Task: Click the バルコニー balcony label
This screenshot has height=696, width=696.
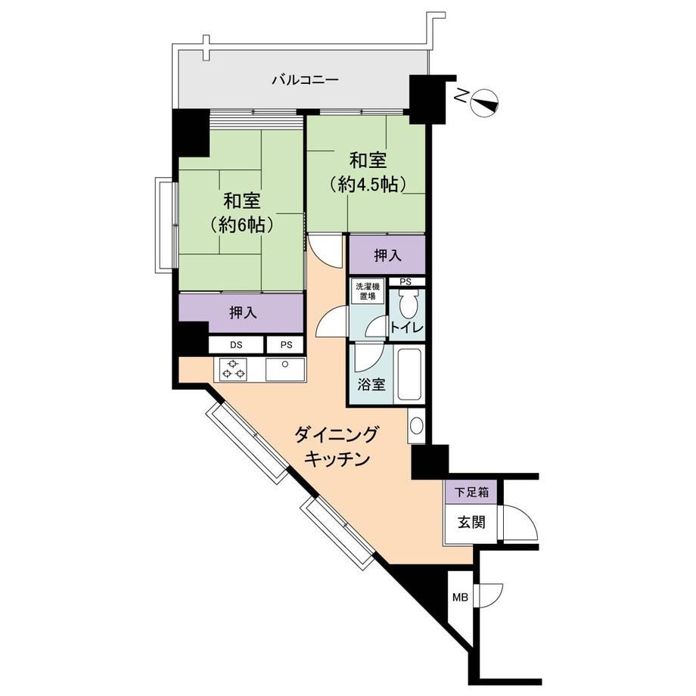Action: [x=305, y=80]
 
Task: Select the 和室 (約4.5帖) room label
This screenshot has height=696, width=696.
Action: [x=368, y=172]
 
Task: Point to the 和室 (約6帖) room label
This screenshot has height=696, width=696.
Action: [x=241, y=213]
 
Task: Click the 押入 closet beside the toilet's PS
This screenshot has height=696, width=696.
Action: [x=387, y=255]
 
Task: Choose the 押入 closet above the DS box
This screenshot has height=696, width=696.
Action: [x=242, y=312]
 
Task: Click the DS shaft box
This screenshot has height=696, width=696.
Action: [x=236, y=344]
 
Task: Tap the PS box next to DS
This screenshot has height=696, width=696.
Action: [x=286, y=344]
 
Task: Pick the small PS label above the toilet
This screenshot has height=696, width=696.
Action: [x=405, y=282]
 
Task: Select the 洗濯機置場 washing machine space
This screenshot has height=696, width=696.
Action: [x=368, y=291]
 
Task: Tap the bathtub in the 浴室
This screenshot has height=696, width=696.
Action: [x=409, y=374]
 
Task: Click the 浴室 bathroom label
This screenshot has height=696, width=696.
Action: [x=371, y=384]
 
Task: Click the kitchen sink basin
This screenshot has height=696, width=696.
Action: [x=285, y=370]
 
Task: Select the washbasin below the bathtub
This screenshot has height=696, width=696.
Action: [x=416, y=425]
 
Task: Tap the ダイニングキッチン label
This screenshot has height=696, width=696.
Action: [x=337, y=446]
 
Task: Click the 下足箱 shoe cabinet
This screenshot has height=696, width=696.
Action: [x=471, y=492]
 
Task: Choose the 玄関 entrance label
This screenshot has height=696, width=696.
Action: [x=471, y=523]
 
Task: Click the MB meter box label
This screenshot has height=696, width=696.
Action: [x=460, y=598]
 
